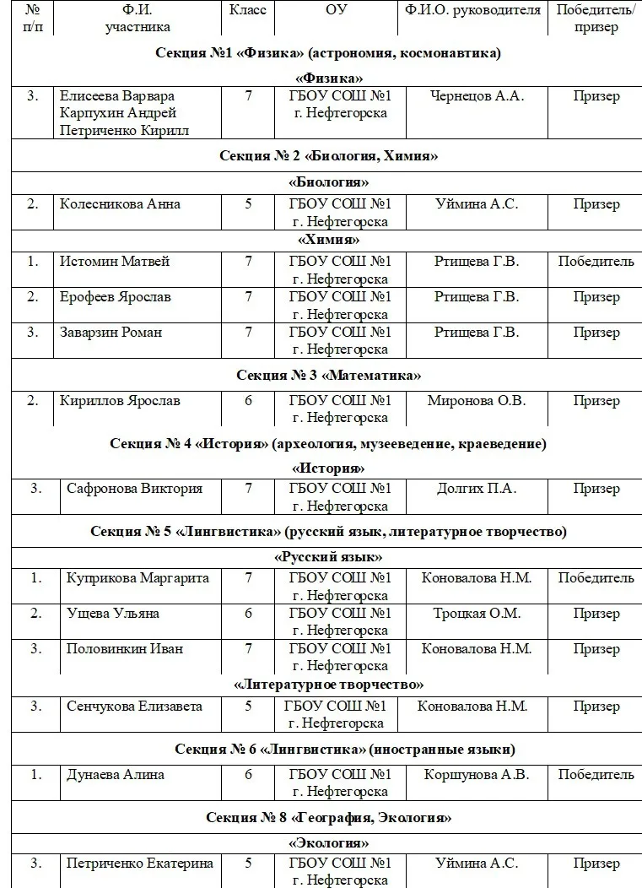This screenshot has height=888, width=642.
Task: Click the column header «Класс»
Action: point(248,10)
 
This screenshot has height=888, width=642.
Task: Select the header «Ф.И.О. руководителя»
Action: point(472,10)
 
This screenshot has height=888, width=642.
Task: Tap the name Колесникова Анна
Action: point(120,203)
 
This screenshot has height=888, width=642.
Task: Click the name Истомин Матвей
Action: point(115,261)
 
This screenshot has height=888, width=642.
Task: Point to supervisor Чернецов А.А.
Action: point(477,95)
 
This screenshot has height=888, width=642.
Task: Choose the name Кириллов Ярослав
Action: point(120,400)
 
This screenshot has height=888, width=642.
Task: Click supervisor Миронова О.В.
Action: point(477,400)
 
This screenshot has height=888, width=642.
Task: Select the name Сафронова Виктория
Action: point(134,488)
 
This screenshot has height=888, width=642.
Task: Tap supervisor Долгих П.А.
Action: point(477,488)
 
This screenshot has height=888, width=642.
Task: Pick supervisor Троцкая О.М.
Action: point(477,613)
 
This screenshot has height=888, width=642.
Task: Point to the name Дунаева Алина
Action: point(116,774)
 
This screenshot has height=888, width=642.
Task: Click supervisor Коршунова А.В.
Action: point(477,774)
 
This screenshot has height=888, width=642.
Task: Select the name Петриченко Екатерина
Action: point(140,863)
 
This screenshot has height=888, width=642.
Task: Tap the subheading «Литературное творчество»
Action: point(328,684)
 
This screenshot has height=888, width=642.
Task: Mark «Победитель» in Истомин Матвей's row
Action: point(596,261)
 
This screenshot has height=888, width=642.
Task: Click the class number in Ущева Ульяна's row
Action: point(248,613)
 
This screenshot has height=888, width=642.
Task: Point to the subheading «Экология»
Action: point(328,842)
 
